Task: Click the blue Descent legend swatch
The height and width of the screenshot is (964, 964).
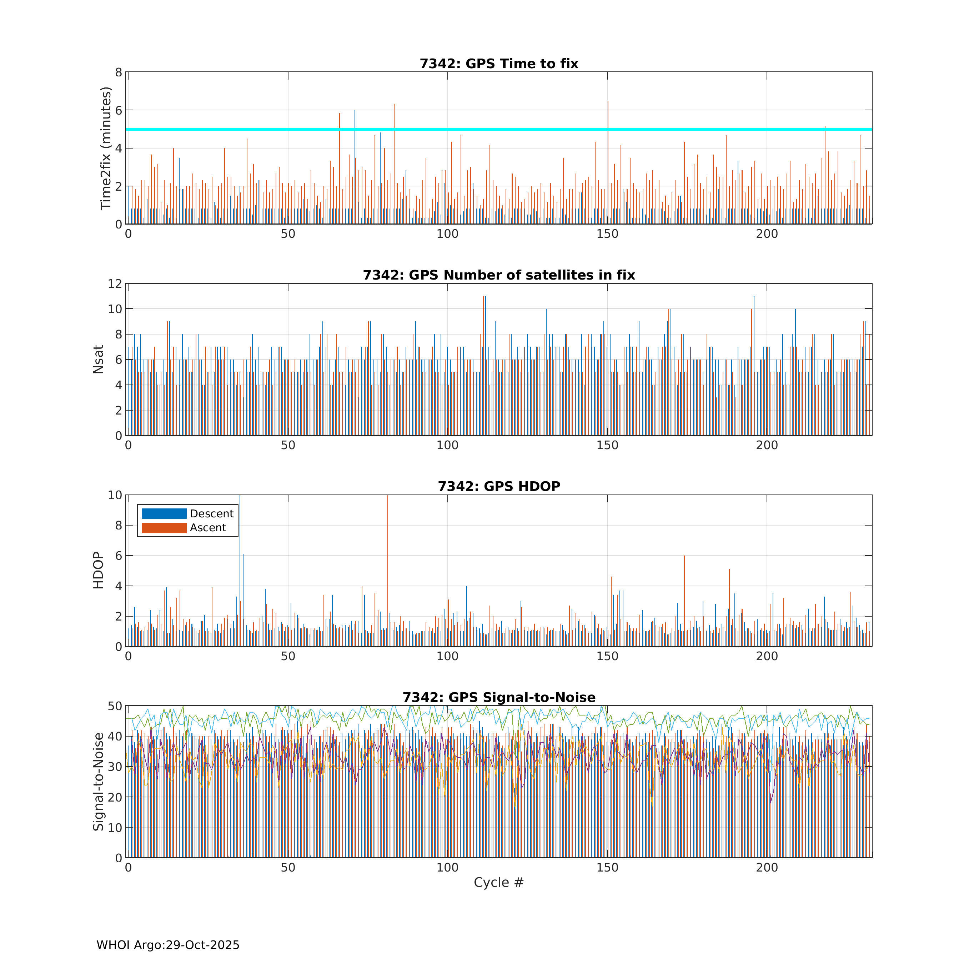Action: coord(164,513)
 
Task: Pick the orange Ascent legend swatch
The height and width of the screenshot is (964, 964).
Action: coord(164,527)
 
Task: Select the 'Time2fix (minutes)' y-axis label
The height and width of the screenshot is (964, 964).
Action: coord(105,148)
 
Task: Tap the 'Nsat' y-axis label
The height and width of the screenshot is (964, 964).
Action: coord(98,359)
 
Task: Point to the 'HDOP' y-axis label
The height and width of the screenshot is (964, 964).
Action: coord(98,570)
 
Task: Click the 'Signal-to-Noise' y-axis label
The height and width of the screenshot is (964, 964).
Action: coord(98,782)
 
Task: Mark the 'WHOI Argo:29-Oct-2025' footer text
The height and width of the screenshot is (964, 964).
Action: coord(168,945)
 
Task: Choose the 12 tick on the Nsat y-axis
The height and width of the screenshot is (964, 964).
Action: coord(115,283)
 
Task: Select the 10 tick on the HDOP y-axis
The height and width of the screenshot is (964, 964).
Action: coord(115,495)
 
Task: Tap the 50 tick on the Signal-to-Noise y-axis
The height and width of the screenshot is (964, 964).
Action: coord(115,706)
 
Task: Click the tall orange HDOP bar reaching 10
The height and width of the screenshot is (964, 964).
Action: coord(388,569)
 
